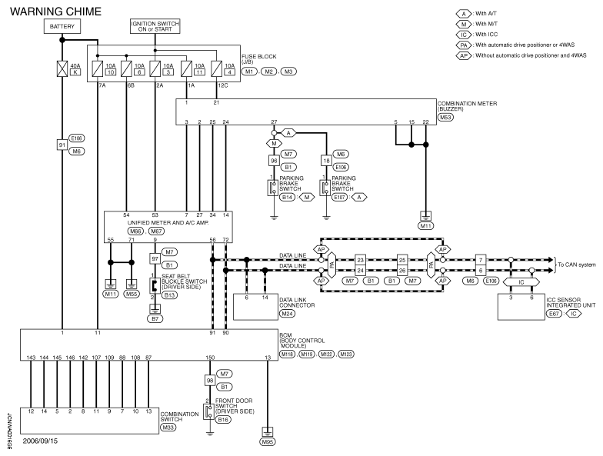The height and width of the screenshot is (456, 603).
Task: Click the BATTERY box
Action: point(62,26)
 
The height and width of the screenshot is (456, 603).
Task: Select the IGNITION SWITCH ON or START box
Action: point(155,26)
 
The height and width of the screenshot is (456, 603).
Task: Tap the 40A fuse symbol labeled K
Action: point(62,69)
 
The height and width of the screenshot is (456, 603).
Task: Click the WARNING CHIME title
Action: point(55,12)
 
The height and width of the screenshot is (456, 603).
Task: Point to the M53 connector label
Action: point(445,117)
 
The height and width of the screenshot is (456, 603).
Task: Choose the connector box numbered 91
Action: point(62,145)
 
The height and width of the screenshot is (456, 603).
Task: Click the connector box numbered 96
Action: point(274,160)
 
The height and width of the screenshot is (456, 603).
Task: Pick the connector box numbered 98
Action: point(210,380)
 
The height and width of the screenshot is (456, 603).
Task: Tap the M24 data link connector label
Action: point(287,314)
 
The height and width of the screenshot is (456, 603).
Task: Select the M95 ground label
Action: point(268,441)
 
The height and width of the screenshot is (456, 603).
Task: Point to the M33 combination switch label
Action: point(168,428)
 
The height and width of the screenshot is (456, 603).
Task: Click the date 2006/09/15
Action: point(40,441)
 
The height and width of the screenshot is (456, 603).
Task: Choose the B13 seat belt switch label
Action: point(169,295)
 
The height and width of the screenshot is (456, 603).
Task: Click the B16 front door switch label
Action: point(223,420)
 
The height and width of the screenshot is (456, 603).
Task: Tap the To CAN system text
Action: point(577,265)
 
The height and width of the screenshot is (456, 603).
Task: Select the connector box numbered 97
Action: point(155,258)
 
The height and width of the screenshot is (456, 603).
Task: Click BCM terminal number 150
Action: point(210,358)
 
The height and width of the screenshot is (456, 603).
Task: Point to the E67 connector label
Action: point(554,314)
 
